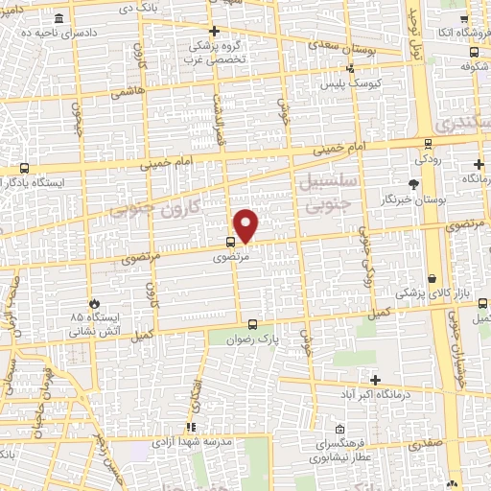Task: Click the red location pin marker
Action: click(246, 225)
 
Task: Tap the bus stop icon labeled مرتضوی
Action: click(230, 242)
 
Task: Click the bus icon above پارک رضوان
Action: click(252, 324)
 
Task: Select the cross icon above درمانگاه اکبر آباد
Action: click(375, 379)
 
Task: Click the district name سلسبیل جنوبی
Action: click(327, 194)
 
